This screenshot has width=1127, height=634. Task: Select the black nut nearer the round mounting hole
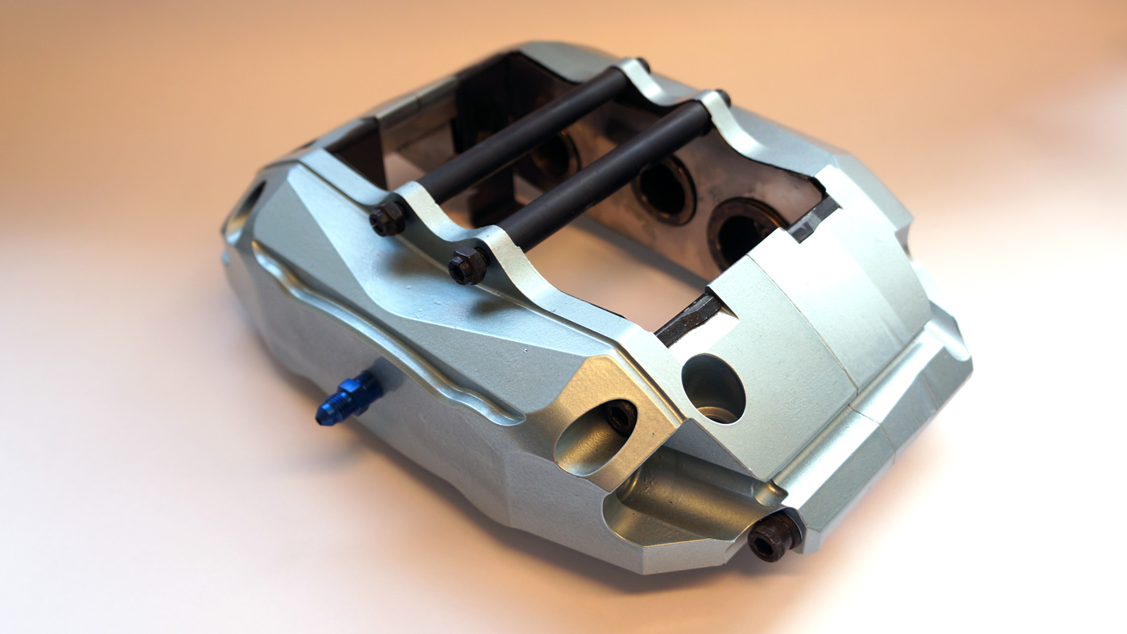pos(468,266)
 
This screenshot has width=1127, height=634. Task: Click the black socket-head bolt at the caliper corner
pos(774,535)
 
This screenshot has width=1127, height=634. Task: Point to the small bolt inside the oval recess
pos(621,417)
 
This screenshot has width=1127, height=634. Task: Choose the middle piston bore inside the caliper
pos(663,188)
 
